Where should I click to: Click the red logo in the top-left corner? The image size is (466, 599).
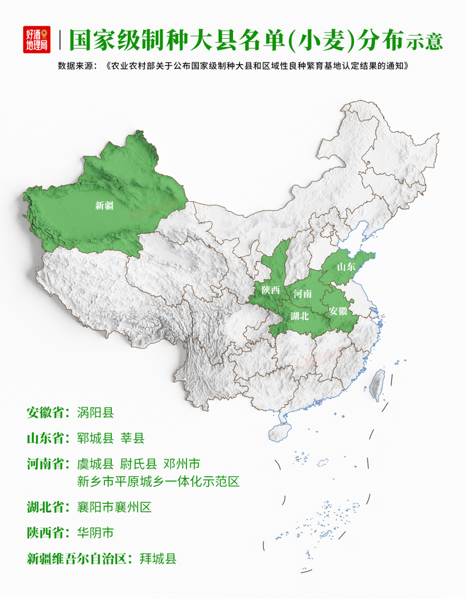(37, 40)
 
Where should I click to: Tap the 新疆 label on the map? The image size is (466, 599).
(104, 205)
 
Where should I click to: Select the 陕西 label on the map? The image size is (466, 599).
(271, 290)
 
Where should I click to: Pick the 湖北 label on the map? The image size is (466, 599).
(299, 316)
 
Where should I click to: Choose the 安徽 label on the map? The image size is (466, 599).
(338, 311)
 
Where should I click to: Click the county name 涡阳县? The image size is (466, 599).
(95, 413)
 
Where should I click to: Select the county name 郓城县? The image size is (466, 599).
(95, 439)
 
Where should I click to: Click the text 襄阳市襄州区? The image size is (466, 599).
(114, 507)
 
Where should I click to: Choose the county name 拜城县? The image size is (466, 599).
(158, 558)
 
